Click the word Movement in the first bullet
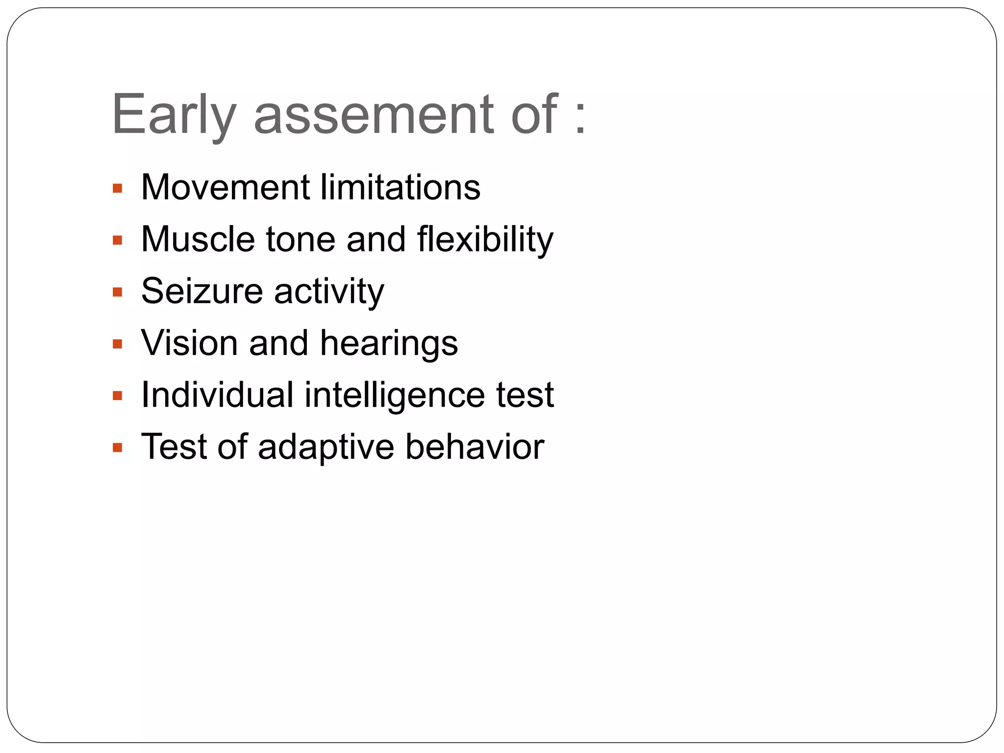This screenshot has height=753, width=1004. pos(225,187)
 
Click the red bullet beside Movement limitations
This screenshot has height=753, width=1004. pos(117,188)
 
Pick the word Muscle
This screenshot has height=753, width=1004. pos(198,239)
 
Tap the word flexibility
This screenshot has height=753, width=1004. pos(485,239)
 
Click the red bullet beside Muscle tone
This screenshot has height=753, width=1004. pos(117,240)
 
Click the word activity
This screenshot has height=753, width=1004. pos(329,292)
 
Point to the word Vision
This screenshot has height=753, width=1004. pos(189,343)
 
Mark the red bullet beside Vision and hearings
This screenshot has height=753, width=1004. pos(117,344)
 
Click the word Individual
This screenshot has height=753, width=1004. pos(217,395)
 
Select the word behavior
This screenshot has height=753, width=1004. pos(475,447)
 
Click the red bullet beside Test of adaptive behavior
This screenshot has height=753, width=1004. pos(117,448)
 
